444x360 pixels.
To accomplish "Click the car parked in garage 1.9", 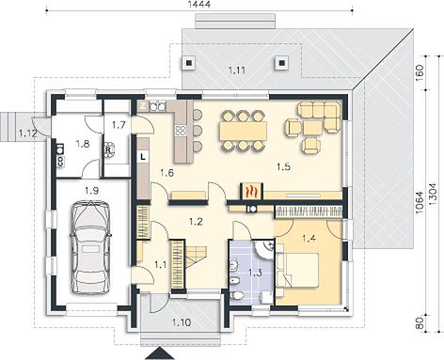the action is point(91,247).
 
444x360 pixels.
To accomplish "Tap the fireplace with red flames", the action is point(252,191).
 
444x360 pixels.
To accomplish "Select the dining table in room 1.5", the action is point(244,131).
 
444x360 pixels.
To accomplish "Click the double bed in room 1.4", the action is point(297,270).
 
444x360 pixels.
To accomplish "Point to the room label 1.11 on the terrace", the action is point(237,70).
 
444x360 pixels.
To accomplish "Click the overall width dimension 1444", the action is point(198,4).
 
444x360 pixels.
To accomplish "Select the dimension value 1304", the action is point(434,194).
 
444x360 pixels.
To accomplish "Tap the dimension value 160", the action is point(420,72).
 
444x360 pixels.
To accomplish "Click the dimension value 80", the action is point(420,322).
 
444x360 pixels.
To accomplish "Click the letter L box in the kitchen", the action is point(143,157).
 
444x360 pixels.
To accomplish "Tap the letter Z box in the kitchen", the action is point(143,106).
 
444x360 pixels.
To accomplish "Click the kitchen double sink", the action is point(157,106).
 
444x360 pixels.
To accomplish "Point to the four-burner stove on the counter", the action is point(181,131).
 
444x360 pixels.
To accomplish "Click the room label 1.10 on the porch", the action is point(182,322).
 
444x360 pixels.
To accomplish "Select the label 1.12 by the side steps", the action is point(28,133).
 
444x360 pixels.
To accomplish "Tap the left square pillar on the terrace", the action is point(188,63).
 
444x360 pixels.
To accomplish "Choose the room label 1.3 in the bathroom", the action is point(255,273).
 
